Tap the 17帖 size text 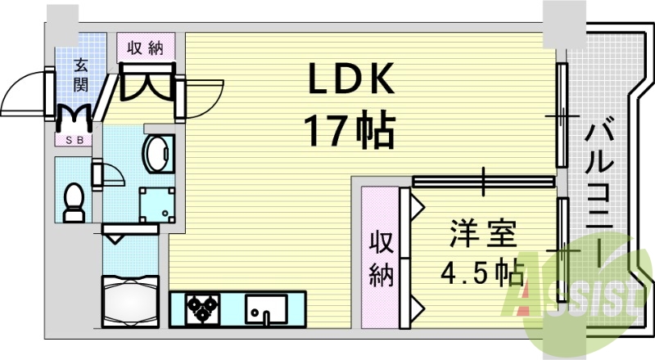click(350, 128)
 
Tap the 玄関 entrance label click(82, 72)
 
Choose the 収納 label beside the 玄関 click(145, 47)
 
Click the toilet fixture click(75, 200)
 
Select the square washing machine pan click(156, 204)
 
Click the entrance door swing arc click(25, 94)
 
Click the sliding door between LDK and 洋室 click(483, 181)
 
